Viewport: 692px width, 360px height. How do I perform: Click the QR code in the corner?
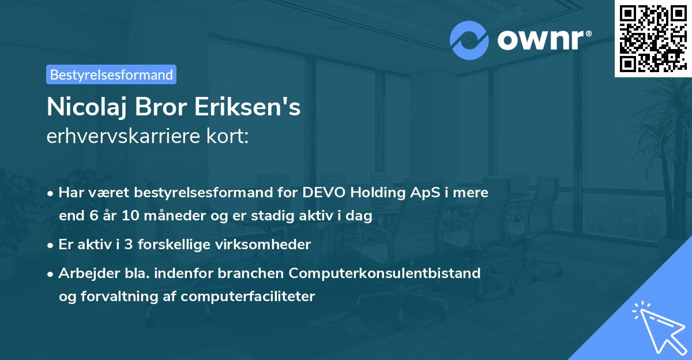click(x=653, y=38)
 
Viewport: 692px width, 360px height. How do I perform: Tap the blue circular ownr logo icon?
click(x=469, y=40)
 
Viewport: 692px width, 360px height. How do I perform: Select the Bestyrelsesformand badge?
click(x=111, y=74)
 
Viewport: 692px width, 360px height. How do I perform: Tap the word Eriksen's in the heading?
click(x=253, y=107)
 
